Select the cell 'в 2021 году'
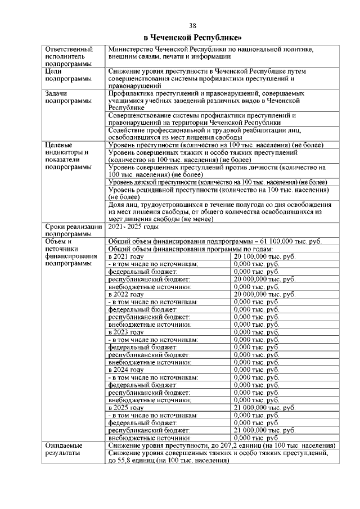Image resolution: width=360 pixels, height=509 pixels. point(126,256)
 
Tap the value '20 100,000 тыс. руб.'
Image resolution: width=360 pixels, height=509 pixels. point(264,256)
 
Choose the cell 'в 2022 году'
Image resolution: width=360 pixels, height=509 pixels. point(126,294)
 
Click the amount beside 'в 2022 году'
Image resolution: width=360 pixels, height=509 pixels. point(264,294)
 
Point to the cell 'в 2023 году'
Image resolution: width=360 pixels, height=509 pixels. point(126,332)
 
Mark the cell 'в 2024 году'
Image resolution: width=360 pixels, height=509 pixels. point(126,370)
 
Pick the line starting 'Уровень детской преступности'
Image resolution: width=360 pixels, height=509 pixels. point(217,182)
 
